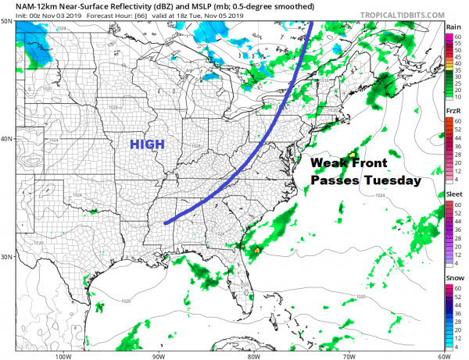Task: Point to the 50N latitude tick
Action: pos(6,21)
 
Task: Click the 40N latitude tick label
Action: pos(6,139)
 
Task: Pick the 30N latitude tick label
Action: pos(6,257)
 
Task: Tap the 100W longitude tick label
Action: pos(64,356)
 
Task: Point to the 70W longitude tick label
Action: pos(348,356)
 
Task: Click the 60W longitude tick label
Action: pos(442,356)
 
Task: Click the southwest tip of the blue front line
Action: pos(166,223)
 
